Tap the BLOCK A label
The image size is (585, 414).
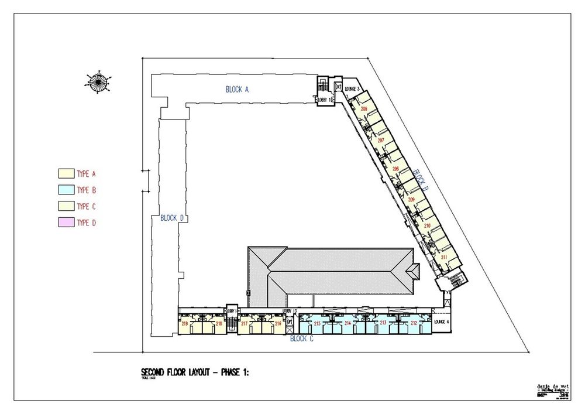[238, 90]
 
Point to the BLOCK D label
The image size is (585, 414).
[172, 218]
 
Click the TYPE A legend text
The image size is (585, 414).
[86, 174]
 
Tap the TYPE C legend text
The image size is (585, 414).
[86, 206]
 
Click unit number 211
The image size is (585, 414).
[444, 256]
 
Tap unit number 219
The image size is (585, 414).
[185, 323]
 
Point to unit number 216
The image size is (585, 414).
[278, 323]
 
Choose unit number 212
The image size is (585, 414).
[414, 323]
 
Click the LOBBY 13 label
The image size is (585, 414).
[290, 311]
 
